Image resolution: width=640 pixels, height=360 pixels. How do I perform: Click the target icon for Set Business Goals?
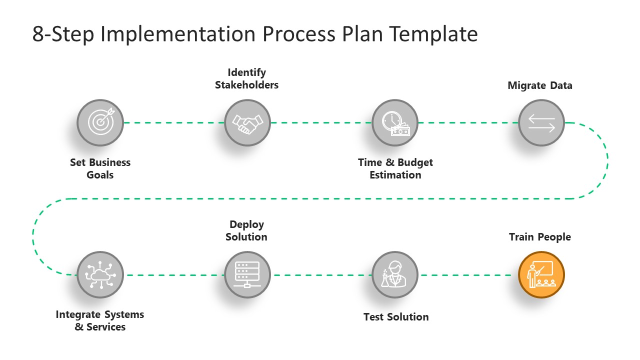(x=100, y=122)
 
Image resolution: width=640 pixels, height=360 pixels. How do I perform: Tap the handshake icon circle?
(x=247, y=122)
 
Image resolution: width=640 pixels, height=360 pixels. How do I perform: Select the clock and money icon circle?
(x=395, y=122)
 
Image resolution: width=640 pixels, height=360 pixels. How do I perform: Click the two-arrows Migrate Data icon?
(x=541, y=122)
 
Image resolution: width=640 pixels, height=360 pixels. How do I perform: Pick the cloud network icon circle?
(x=100, y=275)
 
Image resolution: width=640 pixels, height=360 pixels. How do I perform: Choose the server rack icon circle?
(x=247, y=275)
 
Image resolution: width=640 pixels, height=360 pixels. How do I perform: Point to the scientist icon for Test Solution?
(x=395, y=275)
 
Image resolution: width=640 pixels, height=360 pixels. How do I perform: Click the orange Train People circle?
(x=541, y=275)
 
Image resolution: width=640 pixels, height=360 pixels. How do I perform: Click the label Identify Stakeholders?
(x=246, y=79)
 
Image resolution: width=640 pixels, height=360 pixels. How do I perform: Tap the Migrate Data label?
(x=540, y=85)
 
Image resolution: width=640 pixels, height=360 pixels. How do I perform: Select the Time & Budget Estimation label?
(x=395, y=168)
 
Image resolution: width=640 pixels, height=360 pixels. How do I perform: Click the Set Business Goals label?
(x=100, y=168)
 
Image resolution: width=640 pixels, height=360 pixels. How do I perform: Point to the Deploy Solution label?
(x=246, y=230)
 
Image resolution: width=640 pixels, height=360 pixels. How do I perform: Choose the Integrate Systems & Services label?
(x=100, y=320)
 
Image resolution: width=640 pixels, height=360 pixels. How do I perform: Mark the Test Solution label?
(x=396, y=317)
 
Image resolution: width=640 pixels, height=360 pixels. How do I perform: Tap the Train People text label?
(x=540, y=237)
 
